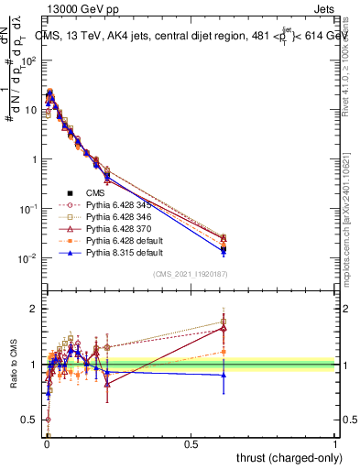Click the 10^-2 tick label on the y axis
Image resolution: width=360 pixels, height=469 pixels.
pos(29,258)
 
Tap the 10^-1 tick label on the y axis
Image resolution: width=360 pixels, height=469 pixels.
pos(29,209)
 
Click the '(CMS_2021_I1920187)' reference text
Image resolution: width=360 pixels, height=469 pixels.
pos(191,275)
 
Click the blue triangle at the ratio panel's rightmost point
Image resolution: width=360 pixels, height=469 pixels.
pos(224,374)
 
